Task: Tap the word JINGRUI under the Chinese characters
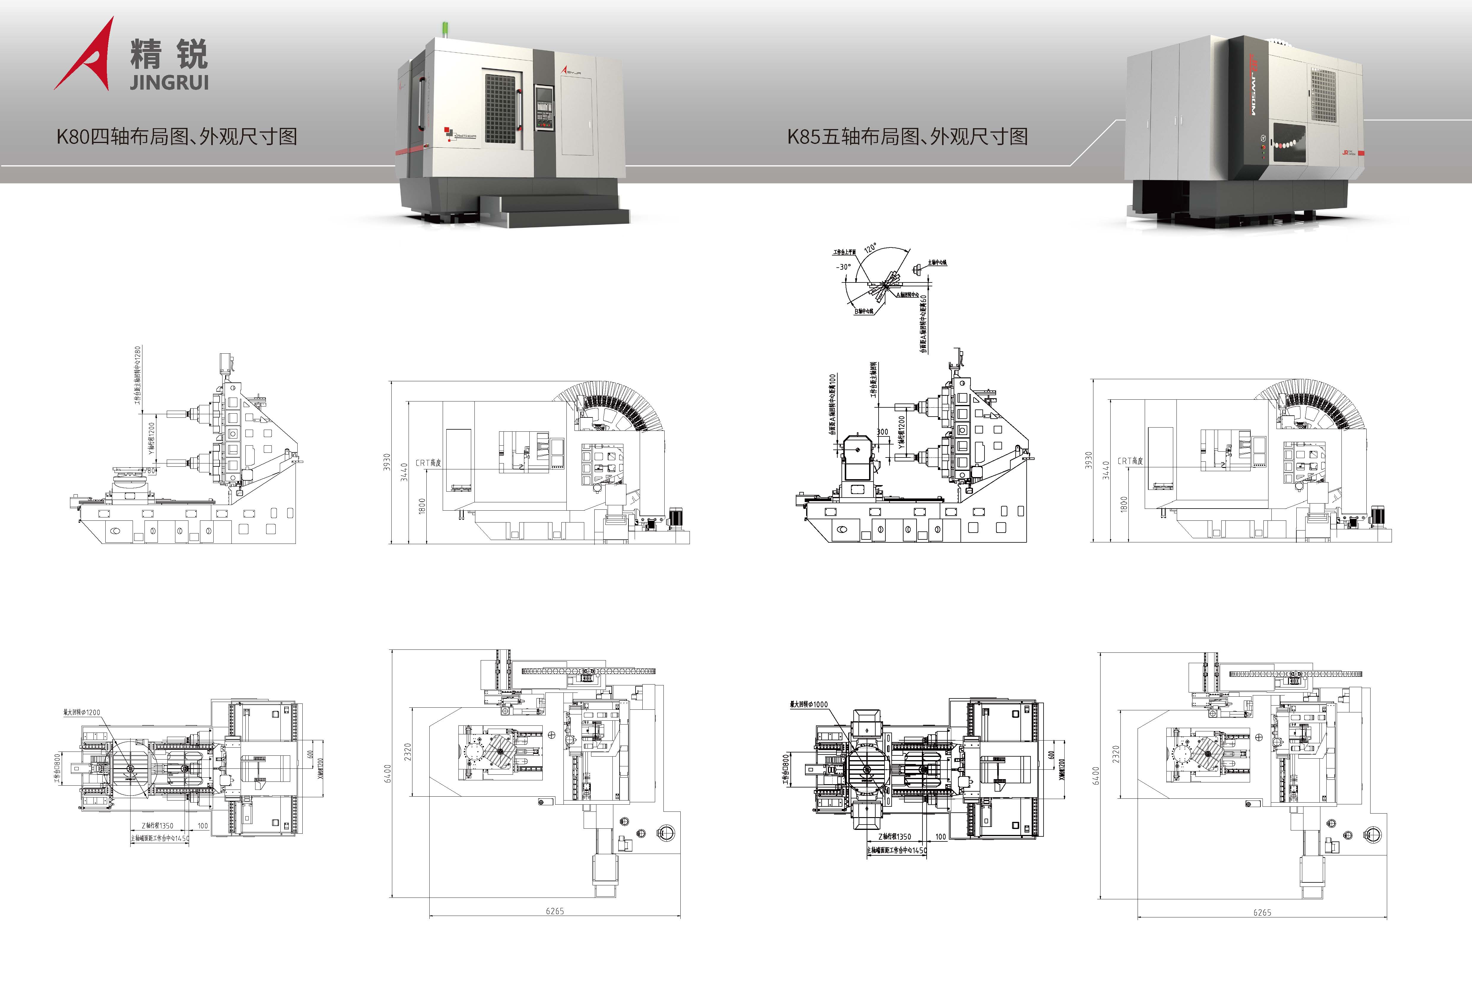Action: (x=169, y=82)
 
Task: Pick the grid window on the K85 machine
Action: (x=1322, y=95)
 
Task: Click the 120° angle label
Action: (x=870, y=248)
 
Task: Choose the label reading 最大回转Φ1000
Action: (x=809, y=704)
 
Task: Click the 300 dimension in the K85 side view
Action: (x=882, y=432)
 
